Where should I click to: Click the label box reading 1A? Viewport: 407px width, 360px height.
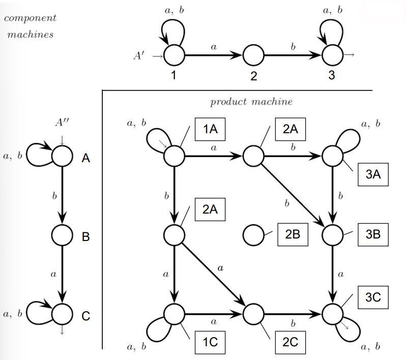[210, 129]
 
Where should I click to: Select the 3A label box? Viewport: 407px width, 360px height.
[373, 174]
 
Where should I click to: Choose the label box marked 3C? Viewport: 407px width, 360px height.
[373, 297]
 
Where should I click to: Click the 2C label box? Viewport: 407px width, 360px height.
[290, 342]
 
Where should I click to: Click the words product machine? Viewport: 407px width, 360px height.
[251, 102]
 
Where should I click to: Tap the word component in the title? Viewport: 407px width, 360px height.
[30, 18]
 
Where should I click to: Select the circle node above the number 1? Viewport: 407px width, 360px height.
[173, 54]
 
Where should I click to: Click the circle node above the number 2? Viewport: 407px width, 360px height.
[253, 54]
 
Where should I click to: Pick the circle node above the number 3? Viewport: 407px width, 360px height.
[333, 54]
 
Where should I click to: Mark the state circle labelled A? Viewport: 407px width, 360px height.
[62, 156]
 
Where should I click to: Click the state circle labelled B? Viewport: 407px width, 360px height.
[62, 235]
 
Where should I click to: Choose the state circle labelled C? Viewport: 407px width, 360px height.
[62, 314]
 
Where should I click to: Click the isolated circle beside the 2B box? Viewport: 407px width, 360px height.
[253, 235]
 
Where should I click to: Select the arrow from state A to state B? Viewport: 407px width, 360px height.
[62, 195]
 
